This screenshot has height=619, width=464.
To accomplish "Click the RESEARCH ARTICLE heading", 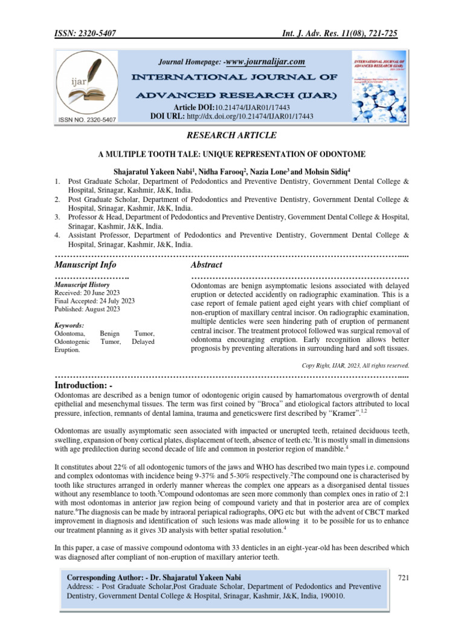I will tap(232, 135).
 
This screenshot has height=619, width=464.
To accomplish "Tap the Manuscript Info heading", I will tap(85, 265).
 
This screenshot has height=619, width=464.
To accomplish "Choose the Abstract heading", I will tap(206, 265).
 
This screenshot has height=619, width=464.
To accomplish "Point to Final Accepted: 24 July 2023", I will tap(94, 300).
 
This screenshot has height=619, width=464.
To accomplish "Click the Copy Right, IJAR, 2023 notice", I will tap(355, 365).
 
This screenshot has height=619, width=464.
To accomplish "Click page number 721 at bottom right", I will tap(404, 578).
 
